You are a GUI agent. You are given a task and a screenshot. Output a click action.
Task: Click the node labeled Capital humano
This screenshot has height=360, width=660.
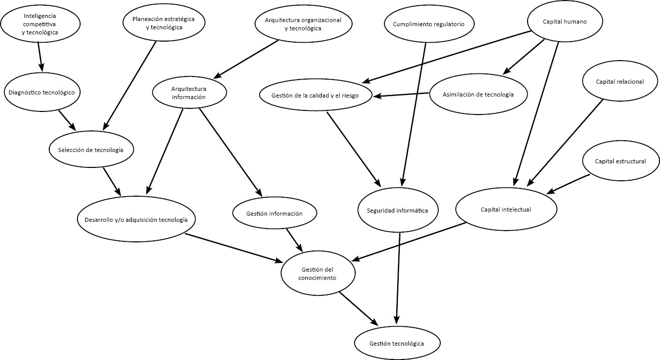(565, 21)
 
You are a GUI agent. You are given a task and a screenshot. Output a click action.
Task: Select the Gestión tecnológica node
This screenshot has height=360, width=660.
(397, 343)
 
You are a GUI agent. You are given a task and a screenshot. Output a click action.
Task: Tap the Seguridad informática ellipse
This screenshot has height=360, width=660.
(398, 210)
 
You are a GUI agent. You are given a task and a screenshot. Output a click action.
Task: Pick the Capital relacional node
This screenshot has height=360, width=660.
(620, 81)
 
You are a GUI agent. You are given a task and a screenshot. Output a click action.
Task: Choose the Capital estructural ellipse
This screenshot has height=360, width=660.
(620, 161)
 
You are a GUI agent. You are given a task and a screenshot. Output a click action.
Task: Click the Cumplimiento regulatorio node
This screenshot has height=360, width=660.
(429, 24)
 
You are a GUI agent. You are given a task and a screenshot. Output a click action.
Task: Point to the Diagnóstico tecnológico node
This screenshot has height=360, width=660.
(42, 92)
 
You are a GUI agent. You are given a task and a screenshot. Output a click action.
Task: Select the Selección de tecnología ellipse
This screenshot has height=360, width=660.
(91, 149)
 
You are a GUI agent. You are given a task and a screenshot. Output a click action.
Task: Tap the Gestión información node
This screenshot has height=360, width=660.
(275, 213)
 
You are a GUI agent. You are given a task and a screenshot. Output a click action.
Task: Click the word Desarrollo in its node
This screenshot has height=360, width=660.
(99, 220)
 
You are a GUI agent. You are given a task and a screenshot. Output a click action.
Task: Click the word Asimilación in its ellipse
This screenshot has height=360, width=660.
(458, 94)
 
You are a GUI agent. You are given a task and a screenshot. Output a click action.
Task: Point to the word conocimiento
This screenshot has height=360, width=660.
(317, 278)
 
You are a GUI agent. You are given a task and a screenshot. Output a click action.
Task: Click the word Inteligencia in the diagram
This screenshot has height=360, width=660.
(40, 16)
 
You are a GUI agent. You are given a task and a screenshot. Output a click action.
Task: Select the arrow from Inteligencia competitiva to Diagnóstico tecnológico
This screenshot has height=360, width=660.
(40, 57)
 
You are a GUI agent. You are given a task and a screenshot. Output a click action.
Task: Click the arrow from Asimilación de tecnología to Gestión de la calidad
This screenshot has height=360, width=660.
(401, 94)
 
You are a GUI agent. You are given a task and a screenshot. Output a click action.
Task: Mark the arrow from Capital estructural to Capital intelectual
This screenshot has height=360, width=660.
(568, 184)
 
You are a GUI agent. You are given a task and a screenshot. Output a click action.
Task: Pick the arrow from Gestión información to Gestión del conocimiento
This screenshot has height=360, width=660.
(295, 240)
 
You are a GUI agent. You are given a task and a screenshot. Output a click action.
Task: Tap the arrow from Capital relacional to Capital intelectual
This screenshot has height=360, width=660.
(565, 143)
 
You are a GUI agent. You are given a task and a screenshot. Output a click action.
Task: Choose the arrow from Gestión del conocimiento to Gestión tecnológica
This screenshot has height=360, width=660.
(359, 309)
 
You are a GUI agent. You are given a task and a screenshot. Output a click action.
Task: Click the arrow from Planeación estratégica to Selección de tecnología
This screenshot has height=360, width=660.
(129, 86)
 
